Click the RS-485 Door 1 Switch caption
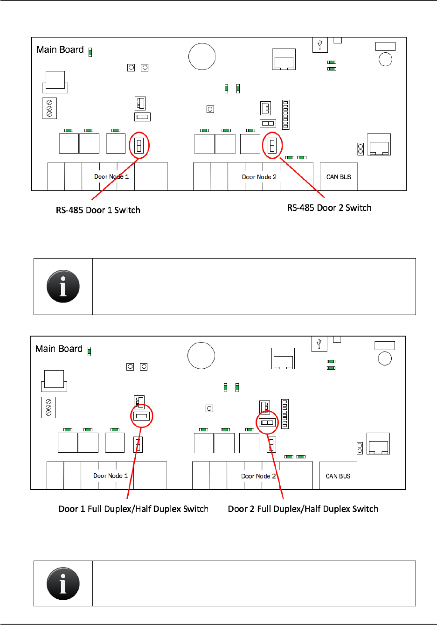pos(98,210)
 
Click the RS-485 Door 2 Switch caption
pos(329,208)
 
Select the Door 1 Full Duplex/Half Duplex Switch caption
pos(133,509)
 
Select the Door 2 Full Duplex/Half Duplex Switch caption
pos(303,509)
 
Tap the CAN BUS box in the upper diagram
pos(339,177)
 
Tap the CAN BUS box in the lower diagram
pos(338,476)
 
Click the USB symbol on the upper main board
pos(320,45)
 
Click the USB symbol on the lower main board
pos(319,344)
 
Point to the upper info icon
pos(63,286)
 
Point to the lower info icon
pos(63,583)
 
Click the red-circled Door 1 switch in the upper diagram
pos(139,146)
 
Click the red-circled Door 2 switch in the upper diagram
pos(272,146)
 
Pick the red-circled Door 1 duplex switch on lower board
pos(141,416)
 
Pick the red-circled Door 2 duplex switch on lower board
pos(267,422)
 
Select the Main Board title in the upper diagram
pos(60,49)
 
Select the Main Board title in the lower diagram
pos(59,349)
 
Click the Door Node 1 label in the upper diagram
pos(111,176)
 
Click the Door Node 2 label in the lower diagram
pos(258,476)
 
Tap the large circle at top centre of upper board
pos(202,56)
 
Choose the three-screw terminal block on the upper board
pos(49,108)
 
